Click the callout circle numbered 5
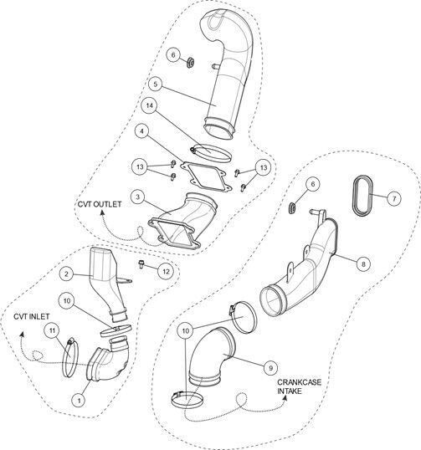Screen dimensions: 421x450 tap(156, 84)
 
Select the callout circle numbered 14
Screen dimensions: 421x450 tap(149, 105)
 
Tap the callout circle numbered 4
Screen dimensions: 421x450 tap(141, 131)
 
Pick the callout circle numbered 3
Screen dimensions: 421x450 tap(138, 197)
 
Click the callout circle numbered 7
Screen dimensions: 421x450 tap(394, 198)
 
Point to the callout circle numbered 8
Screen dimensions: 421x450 tap(363, 263)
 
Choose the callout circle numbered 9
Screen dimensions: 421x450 tap(270, 368)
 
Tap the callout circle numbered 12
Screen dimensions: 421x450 tap(166, 271)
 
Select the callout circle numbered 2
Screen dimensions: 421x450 tap(67, 274)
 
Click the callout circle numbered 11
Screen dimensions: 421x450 tap(52, 330)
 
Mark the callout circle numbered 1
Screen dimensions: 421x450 tap(78, 399)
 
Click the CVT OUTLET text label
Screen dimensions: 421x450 tap(100, 204)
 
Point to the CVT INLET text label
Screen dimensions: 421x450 tap(32, 316)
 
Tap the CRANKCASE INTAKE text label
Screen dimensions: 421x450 tap(299, 386)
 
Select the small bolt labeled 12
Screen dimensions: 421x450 tap(141, 263)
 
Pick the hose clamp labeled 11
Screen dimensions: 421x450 tap(70, 357)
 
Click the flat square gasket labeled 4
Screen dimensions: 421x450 tap(206, 176)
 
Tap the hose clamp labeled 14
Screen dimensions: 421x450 tap(211, 153)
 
